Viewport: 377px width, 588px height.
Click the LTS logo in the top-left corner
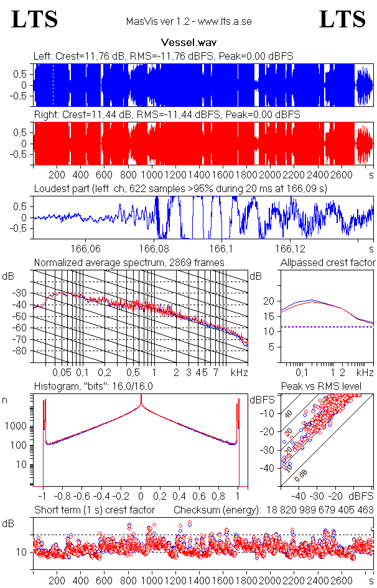point(35,19)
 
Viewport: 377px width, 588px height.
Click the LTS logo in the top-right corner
point(342,19)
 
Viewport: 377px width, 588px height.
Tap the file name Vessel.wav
point(188,43)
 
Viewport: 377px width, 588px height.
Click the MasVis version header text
point(188,21)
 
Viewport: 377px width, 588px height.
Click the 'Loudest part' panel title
point(180,188)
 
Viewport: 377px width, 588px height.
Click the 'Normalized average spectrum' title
point(129,262)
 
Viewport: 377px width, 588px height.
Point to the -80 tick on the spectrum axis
point(24,351)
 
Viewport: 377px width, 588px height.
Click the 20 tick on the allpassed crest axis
point(269,301)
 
